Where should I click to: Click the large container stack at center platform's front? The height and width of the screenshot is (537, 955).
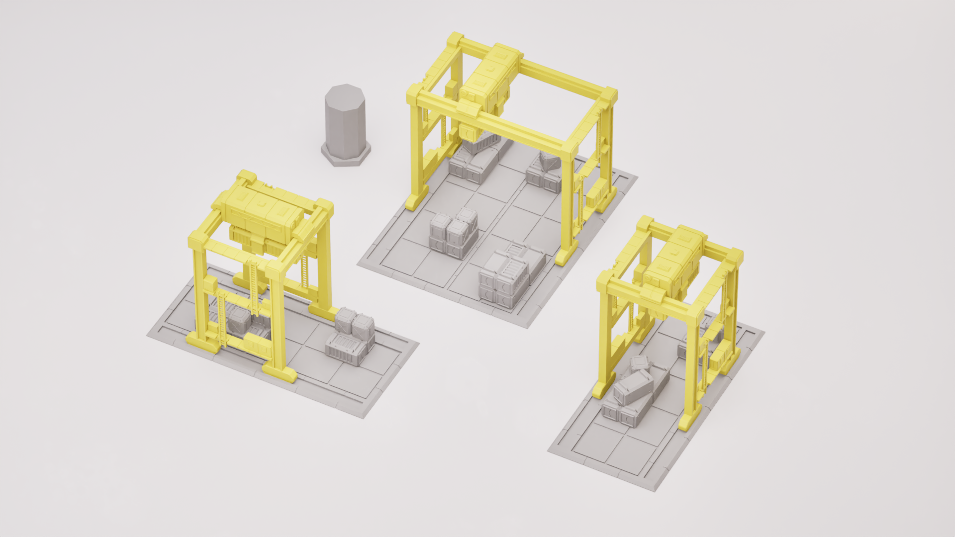click(510, 276)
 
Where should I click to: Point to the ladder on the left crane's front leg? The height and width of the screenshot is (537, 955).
click(254, 288)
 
